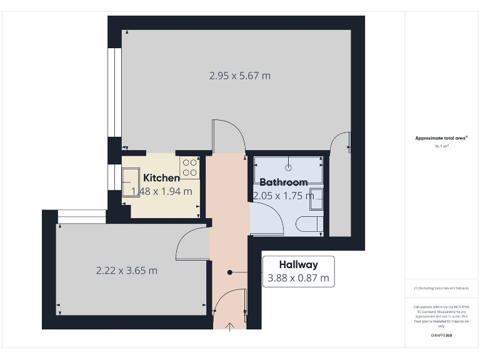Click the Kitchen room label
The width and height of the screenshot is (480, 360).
(x=161, y=178)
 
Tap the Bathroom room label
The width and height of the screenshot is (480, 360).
(x=283, y=182)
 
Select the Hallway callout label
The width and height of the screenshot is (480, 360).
(x=298, y=264)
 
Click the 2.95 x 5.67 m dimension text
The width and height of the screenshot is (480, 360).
(x=240, y=76)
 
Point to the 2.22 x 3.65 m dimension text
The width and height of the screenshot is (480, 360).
(x=126, y=271)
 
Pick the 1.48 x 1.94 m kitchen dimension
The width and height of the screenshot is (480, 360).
(x=162, y=191)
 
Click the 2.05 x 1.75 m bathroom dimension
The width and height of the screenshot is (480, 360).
(x=284, y=195)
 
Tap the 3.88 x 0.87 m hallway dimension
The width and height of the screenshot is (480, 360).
(x=298, y=278)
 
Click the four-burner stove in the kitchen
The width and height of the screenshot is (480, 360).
(x=190, y=167)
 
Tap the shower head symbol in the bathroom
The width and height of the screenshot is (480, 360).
(x=288, y=167)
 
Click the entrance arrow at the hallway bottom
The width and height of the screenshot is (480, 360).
(x=229, y=326)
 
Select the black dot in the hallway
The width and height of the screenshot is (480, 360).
(x=230, y=272)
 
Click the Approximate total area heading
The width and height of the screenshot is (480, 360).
(x=441, y=138)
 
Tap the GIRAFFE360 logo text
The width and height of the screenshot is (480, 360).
(x=441, y=336)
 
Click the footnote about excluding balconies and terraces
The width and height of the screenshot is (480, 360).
(x=441, y=288)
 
